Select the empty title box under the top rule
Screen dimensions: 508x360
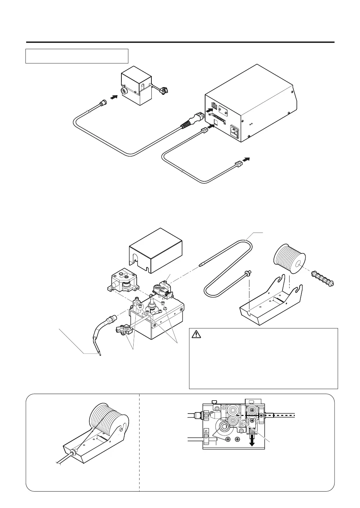click(77, 56)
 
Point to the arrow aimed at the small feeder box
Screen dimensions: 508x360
click(114, 98)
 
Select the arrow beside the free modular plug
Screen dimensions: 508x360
click(246, 159)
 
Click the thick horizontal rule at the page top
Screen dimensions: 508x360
click(180, 43)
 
